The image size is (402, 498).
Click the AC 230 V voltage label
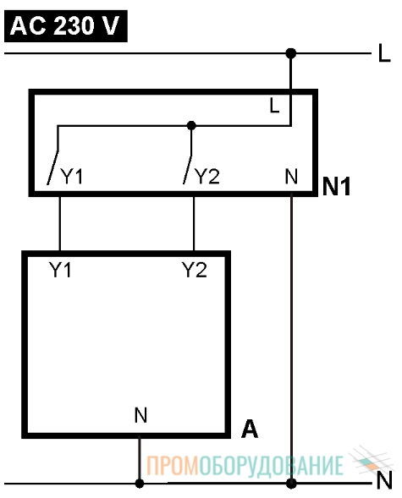[65, 25]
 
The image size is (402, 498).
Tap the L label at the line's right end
[384, 53]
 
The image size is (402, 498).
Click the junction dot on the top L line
[290, 53]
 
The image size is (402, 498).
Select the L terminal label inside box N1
[274, 106]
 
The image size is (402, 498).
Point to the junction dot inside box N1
[191, 125]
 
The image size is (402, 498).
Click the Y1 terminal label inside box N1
[71, 176]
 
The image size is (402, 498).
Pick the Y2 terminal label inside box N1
[207, 176]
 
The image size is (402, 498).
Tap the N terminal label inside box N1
[291, 176]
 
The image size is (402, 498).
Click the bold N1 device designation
[336, 186]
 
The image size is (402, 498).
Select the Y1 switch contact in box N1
[52, 167]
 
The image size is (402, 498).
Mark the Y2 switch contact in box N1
[188, 169]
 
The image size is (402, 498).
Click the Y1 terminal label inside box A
[60, 270]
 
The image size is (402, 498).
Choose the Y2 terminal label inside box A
[194, 270]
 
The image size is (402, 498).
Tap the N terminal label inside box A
[140, 415]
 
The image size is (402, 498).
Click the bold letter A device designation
[250, 429]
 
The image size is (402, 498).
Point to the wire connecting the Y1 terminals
[60, 223]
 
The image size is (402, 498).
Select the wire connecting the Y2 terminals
[194, 223]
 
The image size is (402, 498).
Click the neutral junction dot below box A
[140, 484]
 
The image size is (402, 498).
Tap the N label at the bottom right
[384, 480]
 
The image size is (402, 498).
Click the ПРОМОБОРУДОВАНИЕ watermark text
[245, 466]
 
